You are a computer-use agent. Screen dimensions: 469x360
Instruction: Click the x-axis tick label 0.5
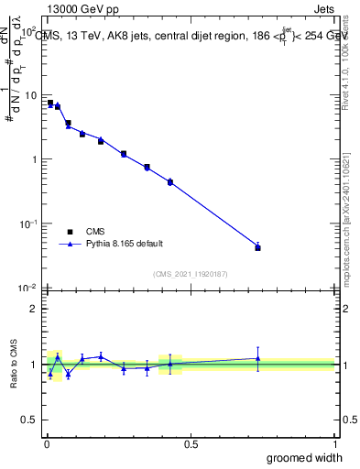pyautogui.click(x=191, y=443)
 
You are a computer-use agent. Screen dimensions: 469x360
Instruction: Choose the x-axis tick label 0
pyautogui.click(x=46, y=443)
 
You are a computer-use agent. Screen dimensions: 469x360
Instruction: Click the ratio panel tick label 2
pyautogui.click(x=34, y=309)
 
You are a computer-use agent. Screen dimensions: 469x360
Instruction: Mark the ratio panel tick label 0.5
pyautogui.click(x=29, y=421)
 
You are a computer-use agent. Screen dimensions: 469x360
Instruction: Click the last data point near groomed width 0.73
pyautogui.click(x=257, y=247)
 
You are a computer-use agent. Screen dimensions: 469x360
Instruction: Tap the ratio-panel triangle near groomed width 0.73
pyautogui.click(x=257, y=358)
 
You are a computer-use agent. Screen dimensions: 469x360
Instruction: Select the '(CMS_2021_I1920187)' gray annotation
pyautogui.click(x=191, y=274)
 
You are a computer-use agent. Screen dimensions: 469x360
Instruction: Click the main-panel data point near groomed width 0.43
pyautogui.click(x=170, y=182)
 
